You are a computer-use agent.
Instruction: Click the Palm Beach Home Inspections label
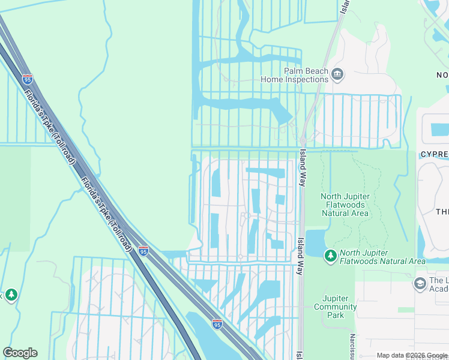(x=295, y=74)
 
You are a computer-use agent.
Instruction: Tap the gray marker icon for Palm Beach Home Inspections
(x=337, y=74)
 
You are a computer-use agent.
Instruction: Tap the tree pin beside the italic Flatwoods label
(x=330, y=256)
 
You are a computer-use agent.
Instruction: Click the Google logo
(x=20, y=353)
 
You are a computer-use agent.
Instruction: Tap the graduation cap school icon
(x=420, y=283)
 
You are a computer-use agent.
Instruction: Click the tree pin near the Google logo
(x=11, y=295)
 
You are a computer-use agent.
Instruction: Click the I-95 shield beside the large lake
(x=217, y=323)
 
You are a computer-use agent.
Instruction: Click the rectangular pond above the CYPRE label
(x=439, y=128)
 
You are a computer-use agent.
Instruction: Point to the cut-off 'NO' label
(x=442, y=75)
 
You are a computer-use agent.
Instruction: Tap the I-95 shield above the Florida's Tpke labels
(x=27, y=78)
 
